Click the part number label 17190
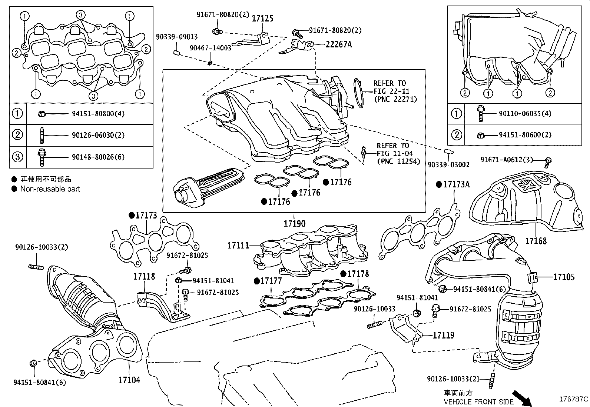(x=295, y=224)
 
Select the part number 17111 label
(x=238, y=245)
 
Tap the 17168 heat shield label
(x=536, y=241)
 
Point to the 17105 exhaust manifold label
(x=564, y=277)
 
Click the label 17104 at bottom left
(x=129, y=380)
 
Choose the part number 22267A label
(x=339, y=44)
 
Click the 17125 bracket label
(x=263, y=19)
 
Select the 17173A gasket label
(x=456, y=184)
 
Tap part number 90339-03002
(x=448, y=164)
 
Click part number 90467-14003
(x=210, y=48)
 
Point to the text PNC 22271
(x=395, y=99)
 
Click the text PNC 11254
(x=398, y=161)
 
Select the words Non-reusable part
(x=50, y=189)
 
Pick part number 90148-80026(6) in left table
(x=98, y=157)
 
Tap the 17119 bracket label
(x=443, y=335)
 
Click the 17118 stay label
(x=144, y=276)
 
